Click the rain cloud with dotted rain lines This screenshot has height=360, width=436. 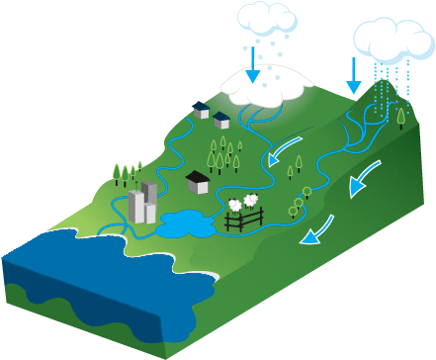(392, 38)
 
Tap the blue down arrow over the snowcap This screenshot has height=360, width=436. (253, 62)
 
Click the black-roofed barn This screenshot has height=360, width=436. (198, 181)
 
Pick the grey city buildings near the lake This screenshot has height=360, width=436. (143, 203)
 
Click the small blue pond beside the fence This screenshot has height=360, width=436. (182, 225)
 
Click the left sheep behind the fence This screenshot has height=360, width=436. (235, 205)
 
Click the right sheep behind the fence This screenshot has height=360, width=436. (252, 201)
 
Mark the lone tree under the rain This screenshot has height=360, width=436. (400, 117)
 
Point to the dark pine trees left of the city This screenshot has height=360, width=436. (124, 174)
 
